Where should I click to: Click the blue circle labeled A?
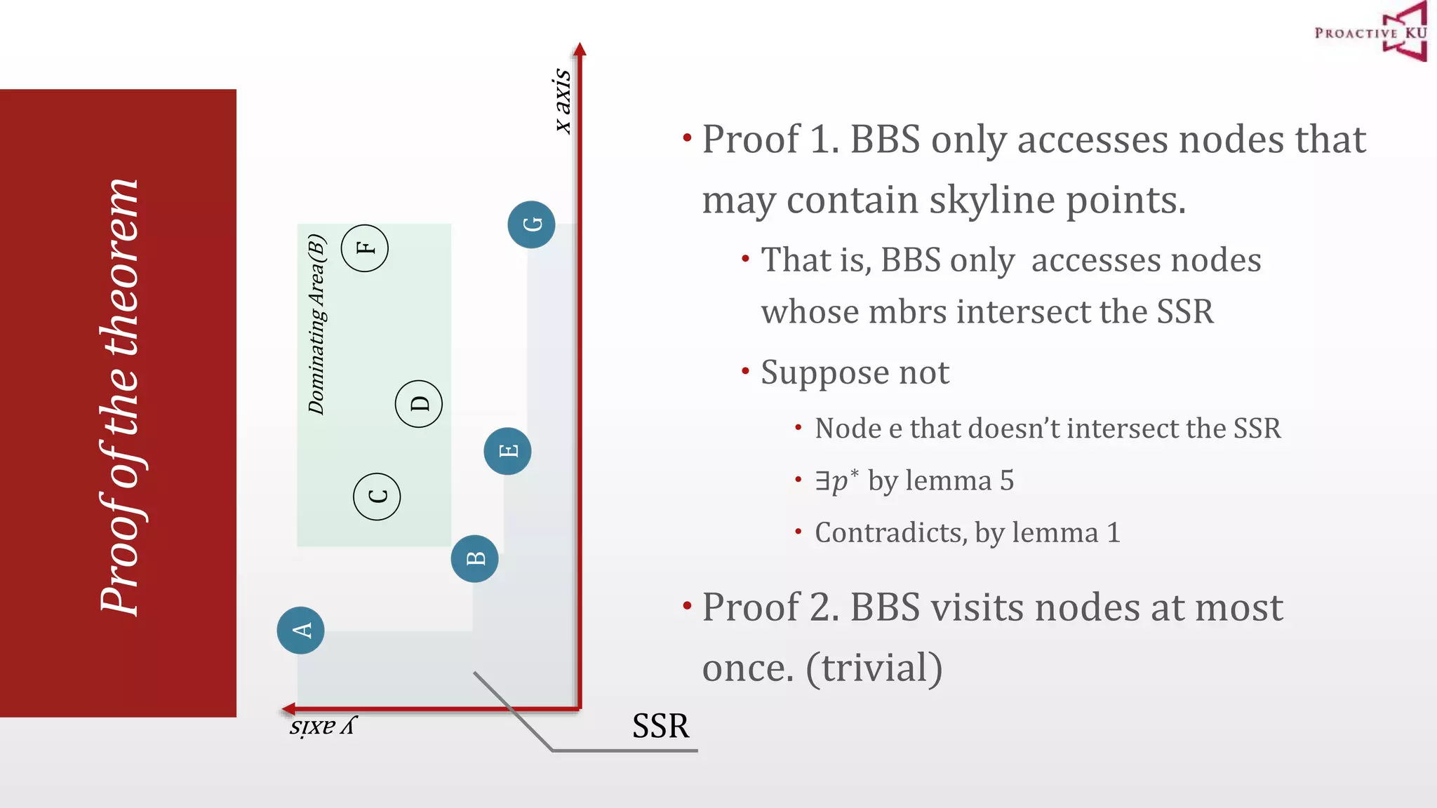point(300,630)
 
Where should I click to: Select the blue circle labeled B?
point(475,558)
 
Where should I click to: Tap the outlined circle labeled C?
point(377,496)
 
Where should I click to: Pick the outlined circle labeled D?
point(419,404)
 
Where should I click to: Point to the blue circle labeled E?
point(507,450)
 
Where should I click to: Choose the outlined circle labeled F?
point(365,248)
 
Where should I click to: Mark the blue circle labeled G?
point(531,224)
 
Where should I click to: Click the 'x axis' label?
point(563,100)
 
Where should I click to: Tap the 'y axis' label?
point(323,727)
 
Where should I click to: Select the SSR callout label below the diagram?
point(660,726)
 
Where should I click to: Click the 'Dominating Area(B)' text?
point(317,324)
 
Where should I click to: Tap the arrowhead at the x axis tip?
point(580,49)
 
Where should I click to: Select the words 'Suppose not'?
point(855,372)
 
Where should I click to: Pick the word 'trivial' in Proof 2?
point(874,668)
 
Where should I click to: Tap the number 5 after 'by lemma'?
point(1007,481)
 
